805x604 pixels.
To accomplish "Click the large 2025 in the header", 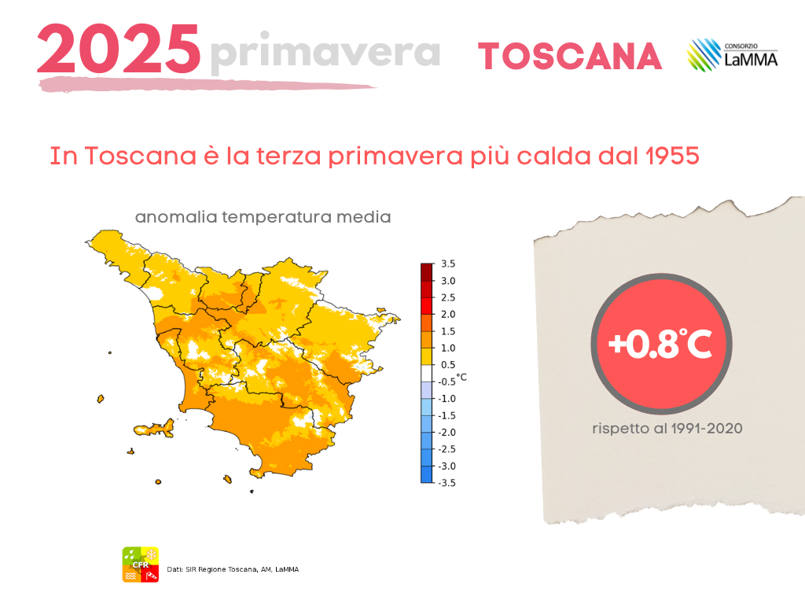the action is pos(119,49).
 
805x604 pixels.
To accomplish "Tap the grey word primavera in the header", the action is pos(325,53).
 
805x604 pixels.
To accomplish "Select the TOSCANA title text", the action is pos(570,56).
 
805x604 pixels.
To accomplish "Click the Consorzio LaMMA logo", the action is pos(733,54).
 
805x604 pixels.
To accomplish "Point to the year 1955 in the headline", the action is pos(672,156).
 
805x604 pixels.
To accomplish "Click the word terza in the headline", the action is pos(288,156).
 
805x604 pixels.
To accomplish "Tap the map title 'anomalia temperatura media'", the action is pos(263,217).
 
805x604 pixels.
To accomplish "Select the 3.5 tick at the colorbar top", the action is pos(447,264).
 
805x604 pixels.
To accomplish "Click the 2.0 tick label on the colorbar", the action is pos(447,315).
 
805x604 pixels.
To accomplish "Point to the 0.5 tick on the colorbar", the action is pos(447,365).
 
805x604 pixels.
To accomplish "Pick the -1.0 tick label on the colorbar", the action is pos(447,399).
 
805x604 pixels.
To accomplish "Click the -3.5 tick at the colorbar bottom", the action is pos(447,483).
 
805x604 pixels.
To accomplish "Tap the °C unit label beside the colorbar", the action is pos(461,377).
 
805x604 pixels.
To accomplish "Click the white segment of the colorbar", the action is pos(427,374).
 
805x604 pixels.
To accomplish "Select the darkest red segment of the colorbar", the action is pos(427,271).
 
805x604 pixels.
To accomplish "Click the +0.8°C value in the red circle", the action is pos(660,344).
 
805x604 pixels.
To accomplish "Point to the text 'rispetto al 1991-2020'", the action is pos(667,429).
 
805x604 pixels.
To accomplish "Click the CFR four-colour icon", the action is pos(140,565).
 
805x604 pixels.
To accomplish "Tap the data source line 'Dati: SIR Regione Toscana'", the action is pos(233,569).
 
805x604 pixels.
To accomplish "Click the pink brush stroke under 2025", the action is pos(208,85).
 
